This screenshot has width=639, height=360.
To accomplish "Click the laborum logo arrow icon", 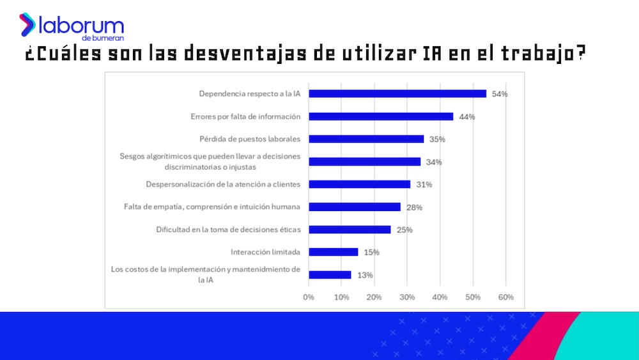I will click(x=27, y=24).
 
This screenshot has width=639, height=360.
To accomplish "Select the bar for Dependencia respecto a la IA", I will click(x=397, y=93).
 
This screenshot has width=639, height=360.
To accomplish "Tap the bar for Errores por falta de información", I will click(x=381, y=116).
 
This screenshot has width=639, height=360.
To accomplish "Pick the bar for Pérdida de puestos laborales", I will click(x=366, y=139).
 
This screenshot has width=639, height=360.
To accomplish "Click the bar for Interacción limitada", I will click(x=334, y=252).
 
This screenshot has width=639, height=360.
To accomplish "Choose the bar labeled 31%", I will click(x=360, y=184).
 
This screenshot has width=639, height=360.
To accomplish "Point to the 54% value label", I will click(x=500, y=94).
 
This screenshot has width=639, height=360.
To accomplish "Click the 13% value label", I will click(x=366, y=275).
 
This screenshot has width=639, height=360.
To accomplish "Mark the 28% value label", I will click(x=415, y=207).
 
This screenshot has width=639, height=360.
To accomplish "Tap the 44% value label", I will click(x=467, y=116).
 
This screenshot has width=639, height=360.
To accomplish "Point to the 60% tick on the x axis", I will click(x=505, y=297).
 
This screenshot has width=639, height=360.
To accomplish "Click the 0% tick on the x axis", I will click(x=309, y=297).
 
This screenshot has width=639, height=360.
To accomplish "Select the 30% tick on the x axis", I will click(x=407, y=297).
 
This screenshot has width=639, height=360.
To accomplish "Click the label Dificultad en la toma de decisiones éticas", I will click(x=228, y=230).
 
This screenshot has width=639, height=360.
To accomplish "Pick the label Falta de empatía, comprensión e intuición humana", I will click(x=212, y=207).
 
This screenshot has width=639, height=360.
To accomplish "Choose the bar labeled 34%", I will click(x=365, y=162).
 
